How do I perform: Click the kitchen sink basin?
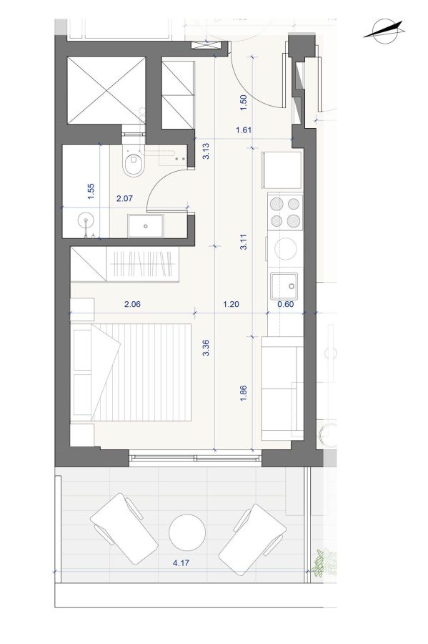pos(284,286)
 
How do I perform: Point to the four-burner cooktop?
pos(285,212)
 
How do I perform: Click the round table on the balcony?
pos(187,532)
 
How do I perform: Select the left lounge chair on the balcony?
pos(124,529)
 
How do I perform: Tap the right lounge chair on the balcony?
pos(252,540)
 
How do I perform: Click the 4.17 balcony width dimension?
pos(181,563)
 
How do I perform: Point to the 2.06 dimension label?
pos(132,304)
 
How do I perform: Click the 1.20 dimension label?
pos(231,304)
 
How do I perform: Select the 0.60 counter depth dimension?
pos(286,304)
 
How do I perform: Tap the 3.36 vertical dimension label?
pos(206,348)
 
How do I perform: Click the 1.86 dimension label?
pos(244,393)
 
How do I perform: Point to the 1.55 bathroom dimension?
pos(91,192)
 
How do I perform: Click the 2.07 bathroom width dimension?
pos(124,198)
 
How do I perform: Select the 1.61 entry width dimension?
pos(244,130)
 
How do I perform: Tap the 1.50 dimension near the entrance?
pos(244,102)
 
